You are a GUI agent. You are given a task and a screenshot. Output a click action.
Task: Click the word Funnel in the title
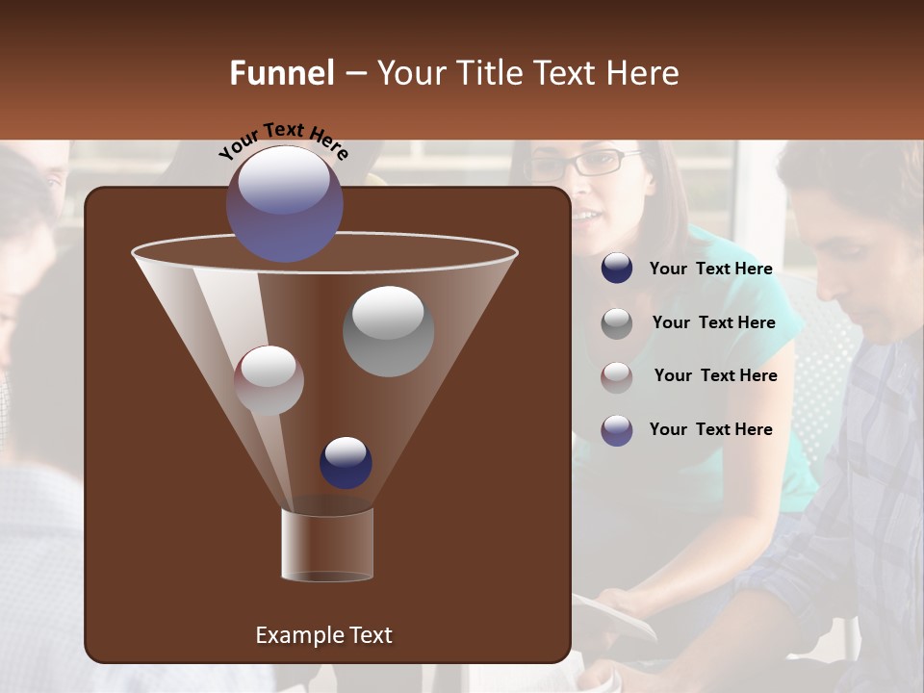pos(281,73)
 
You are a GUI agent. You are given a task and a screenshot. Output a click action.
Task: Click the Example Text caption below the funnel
pos(323,635)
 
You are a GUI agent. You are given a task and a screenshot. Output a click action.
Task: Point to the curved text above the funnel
pos(283,139)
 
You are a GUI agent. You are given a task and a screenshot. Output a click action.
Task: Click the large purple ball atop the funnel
pos(284,203)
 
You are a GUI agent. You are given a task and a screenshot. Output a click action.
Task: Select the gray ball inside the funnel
pos(388,330)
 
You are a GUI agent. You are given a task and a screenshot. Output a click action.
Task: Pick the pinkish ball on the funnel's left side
pos(269,380)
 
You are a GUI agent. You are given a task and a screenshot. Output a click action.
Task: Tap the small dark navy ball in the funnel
pos(346,462)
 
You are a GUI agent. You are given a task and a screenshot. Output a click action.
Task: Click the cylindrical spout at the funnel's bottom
pos(326,546)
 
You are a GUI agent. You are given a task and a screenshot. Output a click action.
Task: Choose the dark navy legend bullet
pos(617,269)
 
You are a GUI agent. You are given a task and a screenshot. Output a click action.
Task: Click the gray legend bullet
pos(617,322)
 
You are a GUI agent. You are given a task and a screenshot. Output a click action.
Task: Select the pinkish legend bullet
pos(617,376)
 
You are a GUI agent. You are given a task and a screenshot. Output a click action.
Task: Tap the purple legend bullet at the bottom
pos(617,429)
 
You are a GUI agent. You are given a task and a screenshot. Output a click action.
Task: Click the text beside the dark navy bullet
pos(710,269)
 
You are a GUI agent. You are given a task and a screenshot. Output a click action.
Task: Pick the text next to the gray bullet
pos(713,323)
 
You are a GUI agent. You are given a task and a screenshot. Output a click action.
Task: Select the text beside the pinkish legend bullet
pos(715,376)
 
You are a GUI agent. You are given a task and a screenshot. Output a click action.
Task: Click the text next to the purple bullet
pos(710,429)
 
